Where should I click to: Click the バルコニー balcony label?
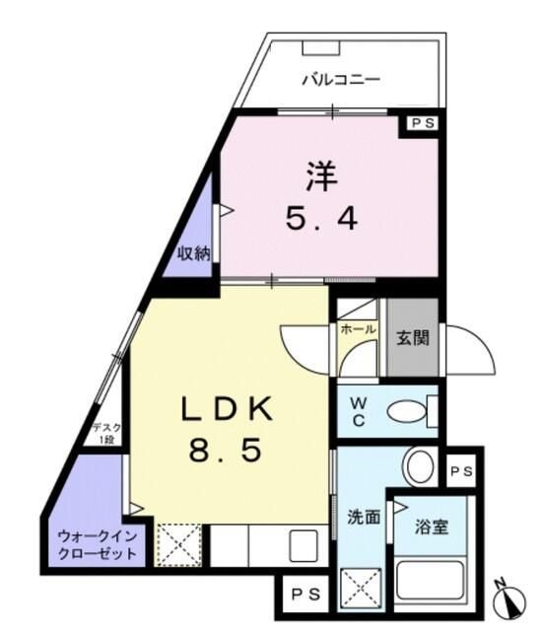339,79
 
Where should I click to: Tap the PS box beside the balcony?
423,123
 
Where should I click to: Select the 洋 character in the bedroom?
321,176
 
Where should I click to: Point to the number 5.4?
321,219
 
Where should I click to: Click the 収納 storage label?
194,252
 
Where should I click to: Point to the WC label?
359,412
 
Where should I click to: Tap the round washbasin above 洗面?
419,465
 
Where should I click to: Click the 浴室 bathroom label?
431,526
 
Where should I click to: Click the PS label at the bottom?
305,594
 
